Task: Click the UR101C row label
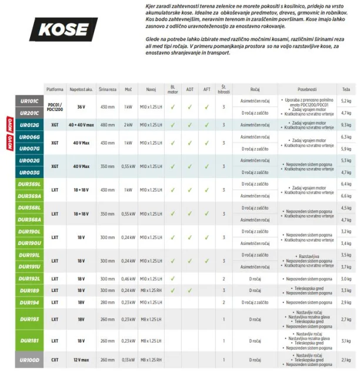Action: [x=29, y=102]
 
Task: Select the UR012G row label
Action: [x=29, y=125]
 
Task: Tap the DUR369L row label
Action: [x=29, y=184]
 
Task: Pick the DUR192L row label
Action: [x=29, y=278]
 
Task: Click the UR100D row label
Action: [x=29, y=360]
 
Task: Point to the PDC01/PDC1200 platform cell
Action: [x=55, y=107]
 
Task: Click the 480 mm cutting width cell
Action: [x=107, y=125]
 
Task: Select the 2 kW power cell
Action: [x=128, y=125]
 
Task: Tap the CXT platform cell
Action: [x=55, y=360]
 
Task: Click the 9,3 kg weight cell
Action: [x=346, y=125]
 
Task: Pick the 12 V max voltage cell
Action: [x=81, y=360]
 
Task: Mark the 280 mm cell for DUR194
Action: [x=107, y=302]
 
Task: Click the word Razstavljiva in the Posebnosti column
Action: [x=309, y=257]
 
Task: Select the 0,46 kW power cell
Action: [x=128, y=278]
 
